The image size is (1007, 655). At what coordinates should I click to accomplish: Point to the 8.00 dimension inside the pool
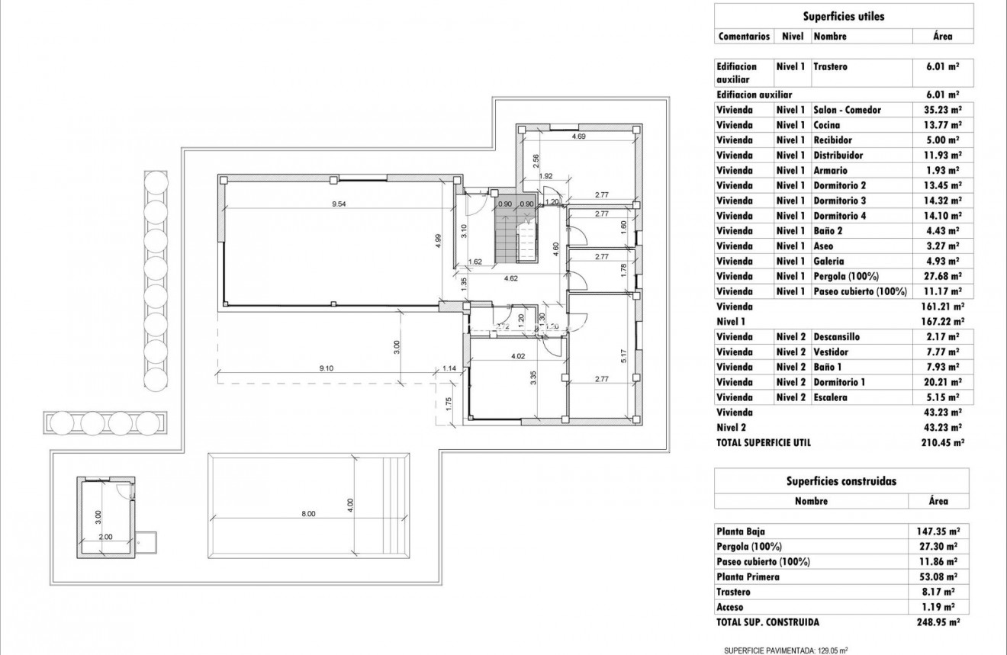(x=308, y=514)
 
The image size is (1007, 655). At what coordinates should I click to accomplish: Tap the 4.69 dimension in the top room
(x=578, y=136)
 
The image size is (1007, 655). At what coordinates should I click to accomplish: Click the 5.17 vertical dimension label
(x=623, y=355)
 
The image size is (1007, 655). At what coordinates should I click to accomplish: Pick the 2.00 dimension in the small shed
(x=105, y=537)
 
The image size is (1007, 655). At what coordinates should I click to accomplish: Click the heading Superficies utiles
(x=844, y=16)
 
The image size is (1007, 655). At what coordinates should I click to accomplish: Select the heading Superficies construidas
(x=841, y=481)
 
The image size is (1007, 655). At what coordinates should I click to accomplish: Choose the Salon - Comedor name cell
(x=847, y=110)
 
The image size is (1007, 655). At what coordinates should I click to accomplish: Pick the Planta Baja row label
(x=740, y=531)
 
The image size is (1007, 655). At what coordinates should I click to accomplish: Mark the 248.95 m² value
(x=938, y=622)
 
